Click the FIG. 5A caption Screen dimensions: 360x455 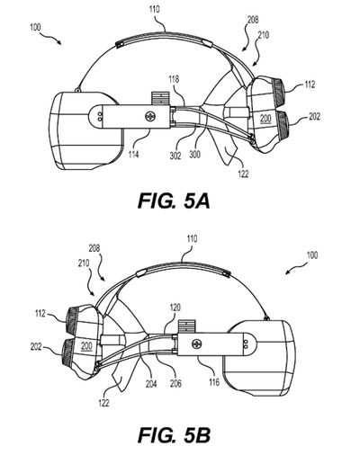coord(174,201)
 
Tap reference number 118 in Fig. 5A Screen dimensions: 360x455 coord(174,79)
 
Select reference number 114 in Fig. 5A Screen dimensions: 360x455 coord(134,155)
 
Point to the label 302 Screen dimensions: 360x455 coord(175,156)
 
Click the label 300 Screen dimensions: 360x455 coord(195,155)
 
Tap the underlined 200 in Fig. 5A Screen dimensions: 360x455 coord(265,119)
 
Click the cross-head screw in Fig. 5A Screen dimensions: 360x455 coord(149,116)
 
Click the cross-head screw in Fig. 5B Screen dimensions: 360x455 coord(197,343)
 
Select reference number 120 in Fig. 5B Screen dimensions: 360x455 coord(175,308)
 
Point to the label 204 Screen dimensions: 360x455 coord(151,383)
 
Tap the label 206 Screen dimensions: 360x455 coord(175,383)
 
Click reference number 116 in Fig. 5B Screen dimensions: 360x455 coord(214,382)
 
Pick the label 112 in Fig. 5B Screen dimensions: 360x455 coord(40,314)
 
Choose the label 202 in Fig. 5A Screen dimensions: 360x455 coord(314,116)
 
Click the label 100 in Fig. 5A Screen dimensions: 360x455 coord(35,28)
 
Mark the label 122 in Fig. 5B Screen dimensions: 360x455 coord(103,403)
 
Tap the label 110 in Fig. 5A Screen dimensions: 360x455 coord(154,10)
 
